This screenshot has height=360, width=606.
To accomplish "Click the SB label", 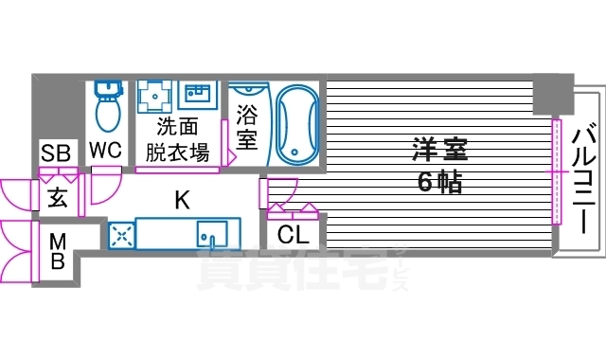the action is click(54, 153).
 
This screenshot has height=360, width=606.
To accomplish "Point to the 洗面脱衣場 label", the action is click(177, 140).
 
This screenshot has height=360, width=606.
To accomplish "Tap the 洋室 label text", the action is click(439, 150).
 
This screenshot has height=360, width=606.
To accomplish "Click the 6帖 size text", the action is click(439, 182).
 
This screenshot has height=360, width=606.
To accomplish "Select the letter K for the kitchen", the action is click(181, 199).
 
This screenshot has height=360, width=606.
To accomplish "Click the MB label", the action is click(57, 250).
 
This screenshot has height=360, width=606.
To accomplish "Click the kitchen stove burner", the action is click(121, 236).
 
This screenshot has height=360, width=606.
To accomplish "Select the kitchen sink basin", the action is click(211, 234).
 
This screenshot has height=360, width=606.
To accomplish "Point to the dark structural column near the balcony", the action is click(551, 95).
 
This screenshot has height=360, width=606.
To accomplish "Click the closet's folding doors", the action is click(294, 207).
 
